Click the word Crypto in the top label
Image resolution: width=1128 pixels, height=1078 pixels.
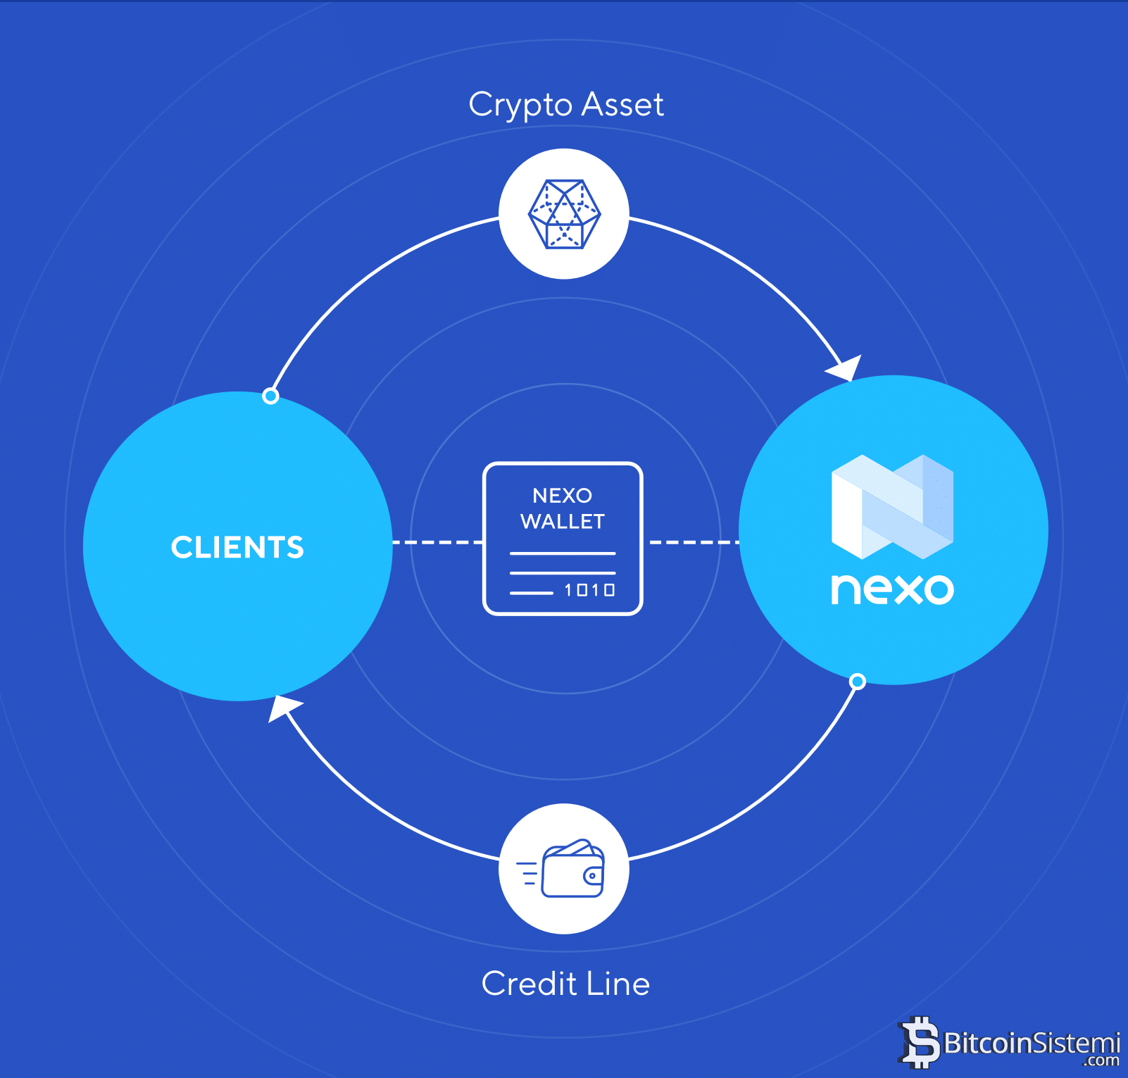tap(520, 106)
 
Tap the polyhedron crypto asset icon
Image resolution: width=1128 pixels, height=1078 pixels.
tap(564, 214)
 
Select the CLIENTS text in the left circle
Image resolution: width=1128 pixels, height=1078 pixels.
tap(237, 548)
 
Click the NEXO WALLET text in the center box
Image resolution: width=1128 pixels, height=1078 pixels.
tap(563, 508)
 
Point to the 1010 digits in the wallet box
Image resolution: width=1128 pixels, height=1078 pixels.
tap(589, 590)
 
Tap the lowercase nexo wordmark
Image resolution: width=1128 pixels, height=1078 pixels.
tap(892, 589)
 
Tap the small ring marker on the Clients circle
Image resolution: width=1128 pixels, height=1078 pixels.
tap(270, 396)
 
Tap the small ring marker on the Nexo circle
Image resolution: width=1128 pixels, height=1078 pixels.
tap(857, 682)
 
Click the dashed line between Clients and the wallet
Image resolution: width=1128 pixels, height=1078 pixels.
tap(437, 543)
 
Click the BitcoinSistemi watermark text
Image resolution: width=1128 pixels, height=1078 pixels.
tap(1031, 1043)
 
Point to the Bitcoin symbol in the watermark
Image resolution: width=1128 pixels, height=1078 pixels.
tap(919, 1043)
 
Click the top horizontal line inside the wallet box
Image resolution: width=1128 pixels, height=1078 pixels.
tap(563, 554)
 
